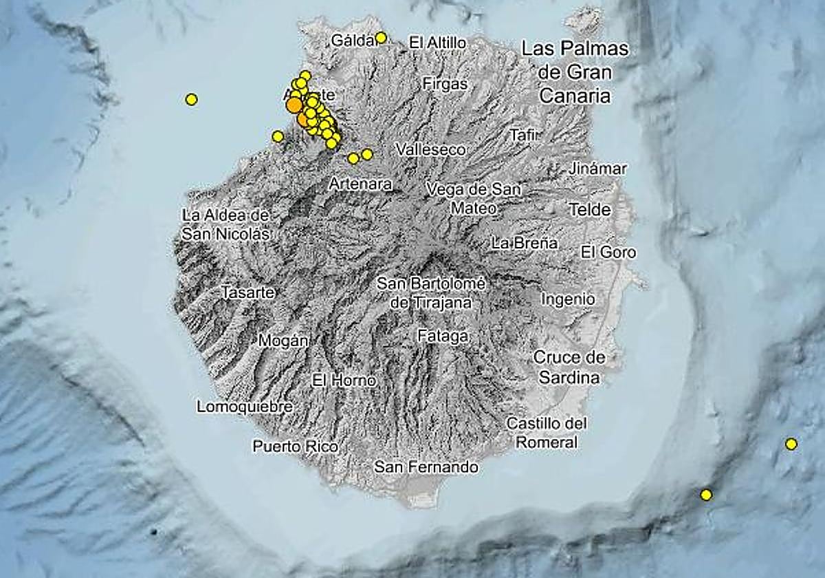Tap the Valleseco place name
(431, 149)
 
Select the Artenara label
(360, 184)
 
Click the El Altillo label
(437, 43)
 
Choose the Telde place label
(590, 210)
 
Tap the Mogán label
(283, 341)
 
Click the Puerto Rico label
(296, 447)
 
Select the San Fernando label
(426, 467)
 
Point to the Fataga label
(443, 336)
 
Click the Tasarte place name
(248, 292)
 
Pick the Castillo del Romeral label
(547, 433)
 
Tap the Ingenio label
(568, 299)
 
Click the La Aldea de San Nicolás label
(225, 224)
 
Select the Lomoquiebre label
(245, 407)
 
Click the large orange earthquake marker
(294, 105)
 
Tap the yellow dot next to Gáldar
(381, 38)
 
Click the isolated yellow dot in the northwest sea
(192, 100)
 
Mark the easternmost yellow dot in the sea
(791, 444)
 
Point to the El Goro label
(608, 252)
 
